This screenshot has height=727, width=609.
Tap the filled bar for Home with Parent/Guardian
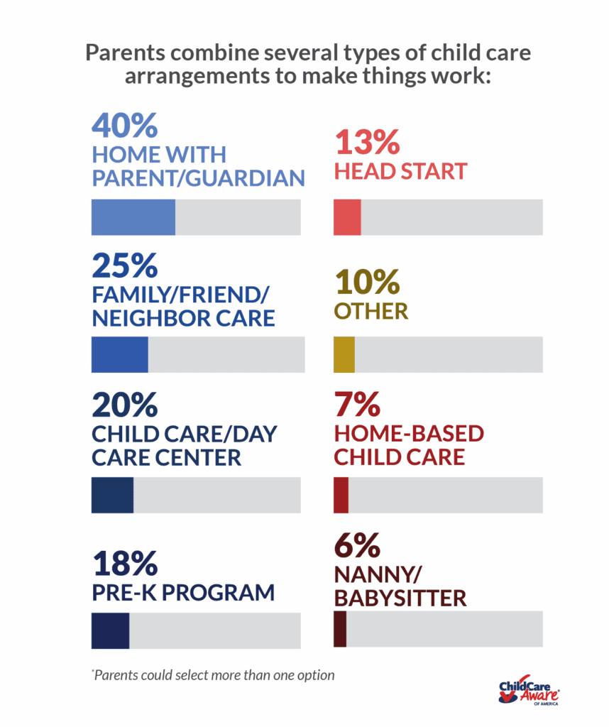coord(133,217)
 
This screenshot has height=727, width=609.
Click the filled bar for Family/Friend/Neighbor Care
coord(119,355)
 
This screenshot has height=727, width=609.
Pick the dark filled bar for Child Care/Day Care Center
coord(112,495)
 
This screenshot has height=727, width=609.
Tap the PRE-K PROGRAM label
coord(182,593)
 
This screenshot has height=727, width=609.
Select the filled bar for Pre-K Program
coord(110,630)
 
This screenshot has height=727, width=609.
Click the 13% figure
coord(366,144)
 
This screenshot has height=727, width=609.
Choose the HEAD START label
coord(400,171)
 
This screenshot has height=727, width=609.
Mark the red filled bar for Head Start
coord(347,217)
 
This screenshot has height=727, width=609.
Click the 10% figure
coord(366,283)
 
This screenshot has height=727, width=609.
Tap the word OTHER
coord(371,311)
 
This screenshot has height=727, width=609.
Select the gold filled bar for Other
coord(344,355)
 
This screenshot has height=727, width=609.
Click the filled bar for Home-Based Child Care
coord(341,495)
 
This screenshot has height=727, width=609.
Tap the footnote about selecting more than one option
coord(212,674)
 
